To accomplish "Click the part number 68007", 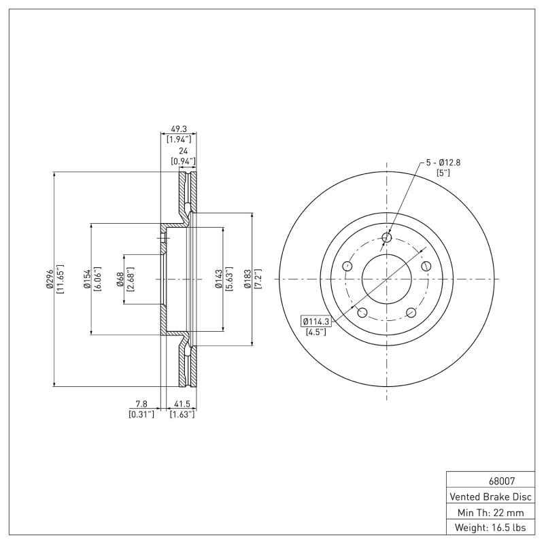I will point(490,479).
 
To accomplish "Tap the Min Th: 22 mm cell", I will point(490,511).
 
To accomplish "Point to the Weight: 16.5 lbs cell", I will point(490,527).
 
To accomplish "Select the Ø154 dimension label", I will point(87,279).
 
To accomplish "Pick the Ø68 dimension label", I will point(120,279).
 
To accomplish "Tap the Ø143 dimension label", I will point(219,279).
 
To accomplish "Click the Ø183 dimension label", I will point(248,279).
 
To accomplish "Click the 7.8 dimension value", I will point(141,404).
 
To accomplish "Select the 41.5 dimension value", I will point(182,404).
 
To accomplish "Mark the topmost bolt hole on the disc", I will point(387,237).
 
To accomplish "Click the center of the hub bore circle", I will point(387,279).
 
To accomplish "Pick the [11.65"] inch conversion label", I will point(60,279).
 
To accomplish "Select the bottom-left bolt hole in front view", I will point(362,312).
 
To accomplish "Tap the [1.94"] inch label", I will point(179,139).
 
